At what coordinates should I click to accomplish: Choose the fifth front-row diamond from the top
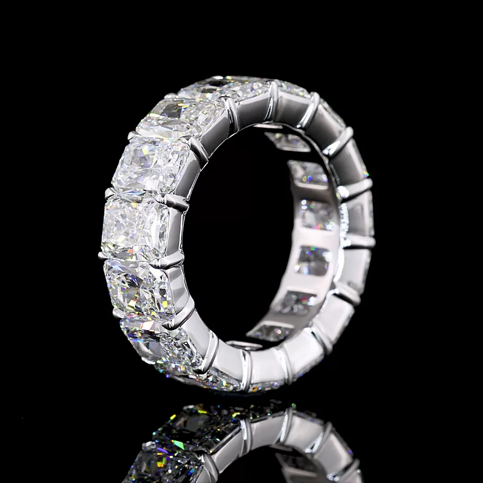point(139,286)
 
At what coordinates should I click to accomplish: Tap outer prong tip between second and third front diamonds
point(132,136)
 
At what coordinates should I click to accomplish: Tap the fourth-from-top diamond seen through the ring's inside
point(313,259)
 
